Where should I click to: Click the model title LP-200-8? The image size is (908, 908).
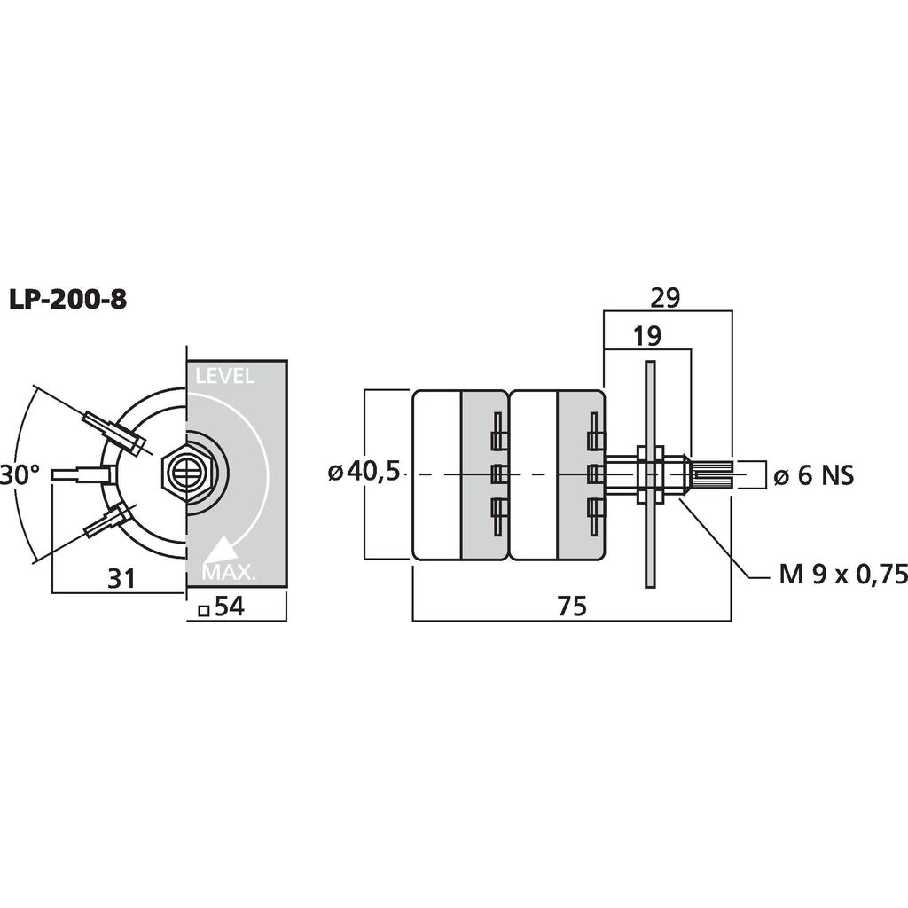pyautogui.click(x=67, y=300)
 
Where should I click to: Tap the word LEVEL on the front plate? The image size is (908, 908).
pyautogui.click(x=224, y=376)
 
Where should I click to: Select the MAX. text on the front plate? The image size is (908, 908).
pyautogui.click(x=229, y=572)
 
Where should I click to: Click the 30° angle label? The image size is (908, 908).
pyautogui.click(x=20, y=474)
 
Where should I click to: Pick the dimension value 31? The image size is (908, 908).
pyautogui.click(x=121, y=578)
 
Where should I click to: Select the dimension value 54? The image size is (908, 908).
pyautogui.click(x=230, y=607)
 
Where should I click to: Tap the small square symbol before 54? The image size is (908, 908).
pyautogui.click(x=203, y=610)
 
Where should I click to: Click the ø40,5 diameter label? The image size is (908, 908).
pyautogui.click(x=364, y=473)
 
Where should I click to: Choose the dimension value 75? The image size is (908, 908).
pyautogui.click(x=572, y=606)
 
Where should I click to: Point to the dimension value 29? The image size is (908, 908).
pyautogui.click(x=665, y=298)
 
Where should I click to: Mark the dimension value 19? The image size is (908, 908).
pyautogui.click(x=646, y=336)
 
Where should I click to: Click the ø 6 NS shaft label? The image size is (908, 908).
pyautogui.click(x=814, y=476)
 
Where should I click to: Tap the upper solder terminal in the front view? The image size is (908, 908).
pyautogui.click(x=113, y=433)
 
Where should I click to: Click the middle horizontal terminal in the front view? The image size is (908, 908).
pyautogui.click(x=82, y=474)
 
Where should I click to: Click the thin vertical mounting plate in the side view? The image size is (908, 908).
pyautogui.click(x=650, y=474)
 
